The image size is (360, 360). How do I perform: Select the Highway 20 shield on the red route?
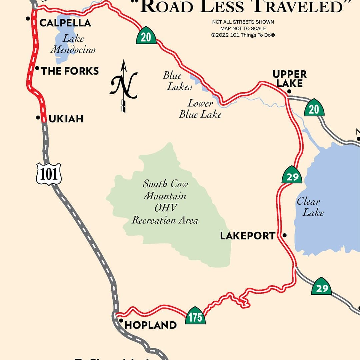coord(146,36)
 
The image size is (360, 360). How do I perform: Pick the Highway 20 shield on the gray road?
coord(314,108)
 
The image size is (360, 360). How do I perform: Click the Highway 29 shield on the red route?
coord(292,175)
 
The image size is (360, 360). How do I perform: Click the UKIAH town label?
coord(66,119)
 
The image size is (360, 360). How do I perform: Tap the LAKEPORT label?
coord(248,236)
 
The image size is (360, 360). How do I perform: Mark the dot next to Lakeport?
coord(284,235)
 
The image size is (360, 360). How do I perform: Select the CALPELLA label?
coord(65,23)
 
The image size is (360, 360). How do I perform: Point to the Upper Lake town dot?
coord(289,91)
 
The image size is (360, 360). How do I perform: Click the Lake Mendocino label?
coord(73,44)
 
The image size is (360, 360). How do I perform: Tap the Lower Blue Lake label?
coord(200,109)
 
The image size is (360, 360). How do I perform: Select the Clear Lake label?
coord(310,207)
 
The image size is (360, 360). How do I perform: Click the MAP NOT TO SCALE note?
coord(243,28)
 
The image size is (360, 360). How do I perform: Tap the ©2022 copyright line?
coord(243,35)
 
